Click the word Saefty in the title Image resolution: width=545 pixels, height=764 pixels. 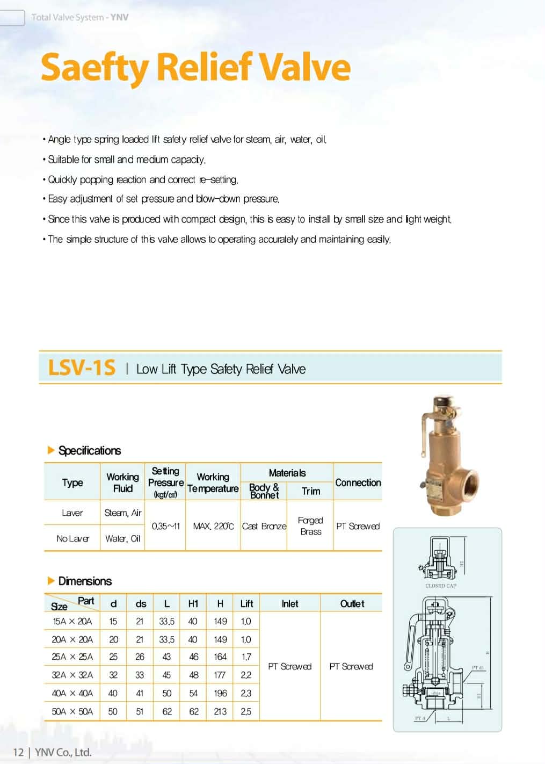pyautogui.click(x=95, y=68)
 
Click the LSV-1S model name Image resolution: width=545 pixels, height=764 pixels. pyautogui.click(x=82, y=368)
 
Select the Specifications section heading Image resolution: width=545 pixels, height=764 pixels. pyautogui.click(x=89, y=451)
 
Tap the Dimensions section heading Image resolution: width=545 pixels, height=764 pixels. pyautogui.click(x=85, y=581)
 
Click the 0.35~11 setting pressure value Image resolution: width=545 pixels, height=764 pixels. pyautogui.click(x=165, y=527)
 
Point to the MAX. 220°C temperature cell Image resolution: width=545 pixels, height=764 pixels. pyautogui.click(x=213, y=527)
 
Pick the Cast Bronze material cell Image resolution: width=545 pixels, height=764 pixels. pyautogui.click(x=264, y=527)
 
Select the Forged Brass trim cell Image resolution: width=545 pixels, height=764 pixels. pyautogui.click(x=310, y=526)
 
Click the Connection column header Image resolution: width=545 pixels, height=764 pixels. pyautogui.click(x=358, y=482)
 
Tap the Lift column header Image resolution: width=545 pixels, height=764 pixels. pyautogui.click(x=246, y=604)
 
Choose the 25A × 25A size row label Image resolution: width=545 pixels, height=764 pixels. pyautogui.click(x=72, y=657)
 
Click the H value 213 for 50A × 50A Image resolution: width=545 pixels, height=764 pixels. pyautogui.click(x=220, y=712)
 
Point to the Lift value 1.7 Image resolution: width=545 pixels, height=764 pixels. pyautogui.click(x=246, y=657)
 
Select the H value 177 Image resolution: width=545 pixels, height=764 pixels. pyautogui.click(x=220, y=675)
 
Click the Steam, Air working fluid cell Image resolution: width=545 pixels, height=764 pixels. pyautogui.click(x=122, y=513)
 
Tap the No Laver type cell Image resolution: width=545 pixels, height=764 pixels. pyautogui.click(x=72, y=539)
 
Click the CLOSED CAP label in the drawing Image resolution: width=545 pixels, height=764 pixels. pyautogui.click(x=440, y=586)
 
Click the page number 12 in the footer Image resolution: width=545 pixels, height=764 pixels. pyautogui.click(x=18, y=752)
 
